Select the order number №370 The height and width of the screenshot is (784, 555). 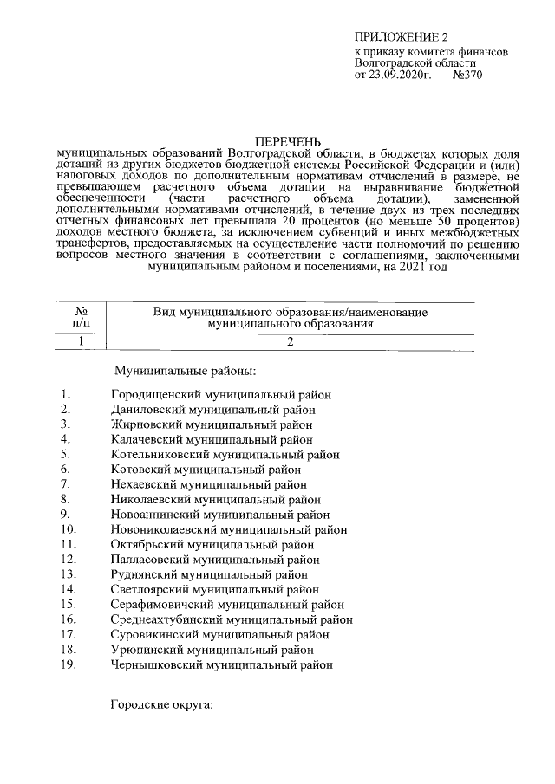[467, 75]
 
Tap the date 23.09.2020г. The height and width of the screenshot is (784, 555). [401, 75]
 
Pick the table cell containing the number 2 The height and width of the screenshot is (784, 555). [291, 341]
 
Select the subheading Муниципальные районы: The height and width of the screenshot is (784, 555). [186, 372]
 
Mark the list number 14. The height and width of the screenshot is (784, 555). [69, 590]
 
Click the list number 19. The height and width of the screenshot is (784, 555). [69, 665]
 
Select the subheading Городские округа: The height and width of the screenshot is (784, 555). [161, 706]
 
